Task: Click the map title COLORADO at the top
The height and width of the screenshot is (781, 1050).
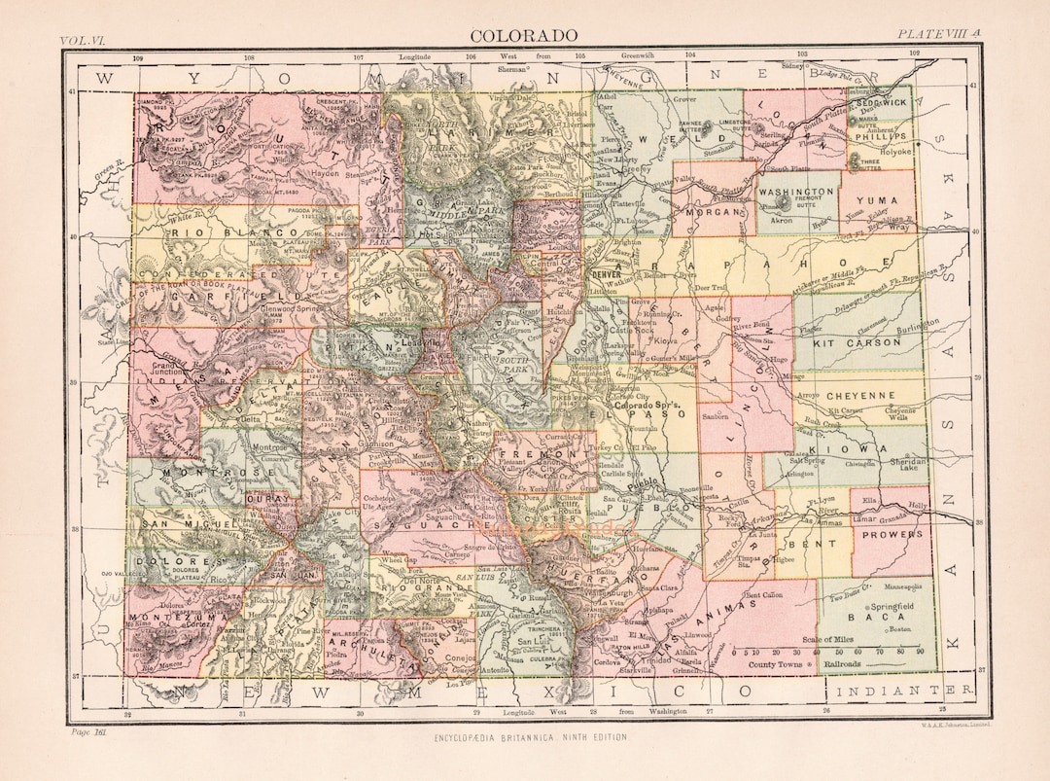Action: [524, 36]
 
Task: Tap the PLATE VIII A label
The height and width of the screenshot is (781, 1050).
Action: [939, 34]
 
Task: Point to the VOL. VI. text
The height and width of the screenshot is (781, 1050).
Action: [84, 41]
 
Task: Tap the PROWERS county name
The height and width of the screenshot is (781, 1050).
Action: [891, 534]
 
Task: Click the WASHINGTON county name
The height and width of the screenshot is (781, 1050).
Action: [797, 192]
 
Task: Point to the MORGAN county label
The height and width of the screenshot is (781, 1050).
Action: [713, 210]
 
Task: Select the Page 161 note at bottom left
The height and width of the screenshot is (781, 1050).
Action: [89, 732]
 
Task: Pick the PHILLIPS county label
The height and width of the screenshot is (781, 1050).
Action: [879, 137]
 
